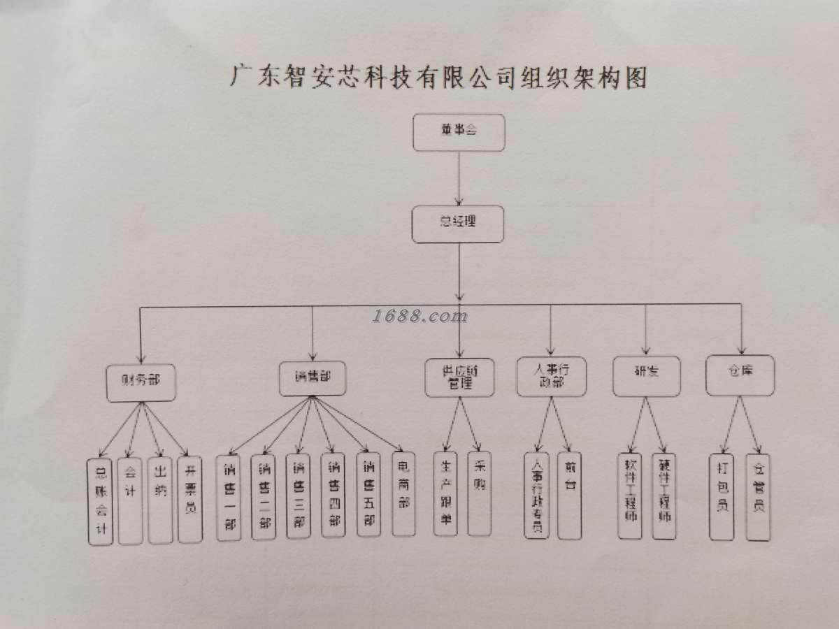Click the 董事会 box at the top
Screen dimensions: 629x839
click(x=458, y=131)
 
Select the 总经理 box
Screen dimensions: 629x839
click(x=458, y=224)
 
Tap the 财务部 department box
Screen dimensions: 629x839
click(x=140, y=382)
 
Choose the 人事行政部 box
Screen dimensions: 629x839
click(x=552, y=376)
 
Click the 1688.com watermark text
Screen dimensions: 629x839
click(x=419, y=317)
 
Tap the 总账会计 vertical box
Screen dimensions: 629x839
click(x=100, y=501)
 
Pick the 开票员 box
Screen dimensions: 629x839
click(x=190, y=499)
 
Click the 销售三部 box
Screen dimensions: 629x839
click(x=299, y=496)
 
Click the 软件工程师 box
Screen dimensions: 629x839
click(x=630, y=496)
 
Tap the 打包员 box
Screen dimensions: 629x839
click(x=722, y=496)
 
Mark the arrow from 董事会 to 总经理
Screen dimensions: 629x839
click(x=459, y=178)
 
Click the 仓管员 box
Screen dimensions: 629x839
click(x=758, y=496)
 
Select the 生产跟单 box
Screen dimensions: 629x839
click(x=445, y=493)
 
